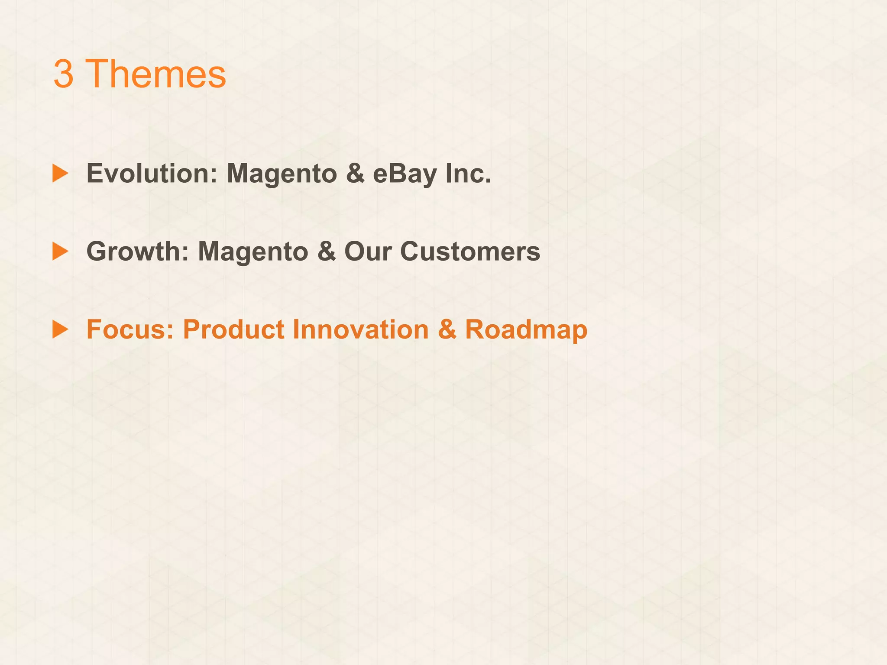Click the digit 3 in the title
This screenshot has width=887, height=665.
click(x=63, y=74)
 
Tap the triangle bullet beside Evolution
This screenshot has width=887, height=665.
click(x=60, y=173)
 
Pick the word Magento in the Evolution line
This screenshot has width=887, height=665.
click(x=282, y=174)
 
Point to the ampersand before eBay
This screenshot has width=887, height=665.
click(x=355, y=173)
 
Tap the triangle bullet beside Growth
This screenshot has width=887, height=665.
click(x=60, y=251)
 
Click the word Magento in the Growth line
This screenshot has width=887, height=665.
click(x=253, y=252)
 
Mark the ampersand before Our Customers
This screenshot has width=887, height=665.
click(x=326, y=251)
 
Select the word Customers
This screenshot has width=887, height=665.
click(x=470, y=251)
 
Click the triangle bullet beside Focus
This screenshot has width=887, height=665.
click(x=60, y=329)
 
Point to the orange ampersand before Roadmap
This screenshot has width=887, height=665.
click(x=447, y=329)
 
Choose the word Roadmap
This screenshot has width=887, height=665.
click(x=526, y=330)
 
